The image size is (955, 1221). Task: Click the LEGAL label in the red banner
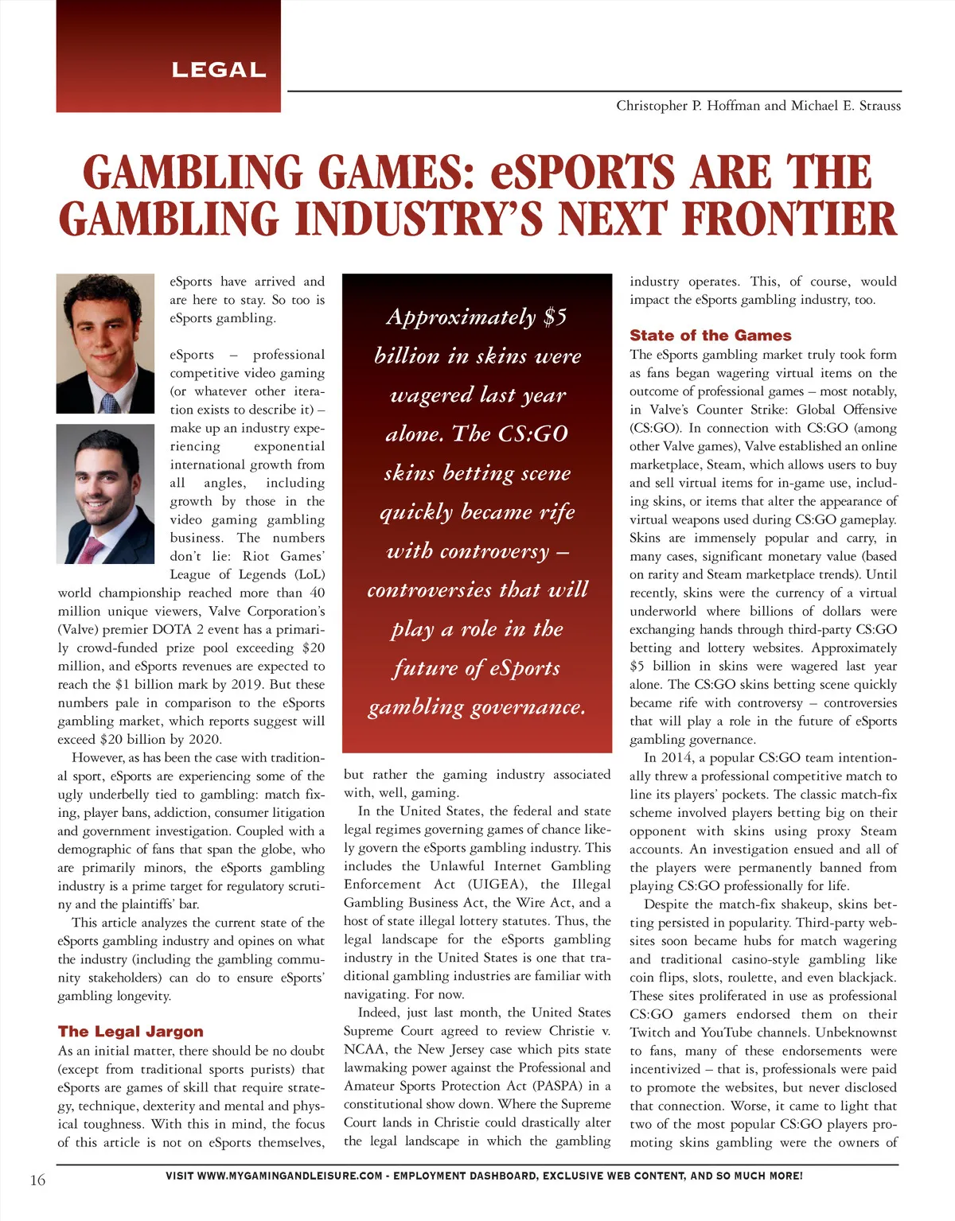pyautogui.click(x=219, y=70)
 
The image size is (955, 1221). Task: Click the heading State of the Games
pyautogui.click(x=710, y=336)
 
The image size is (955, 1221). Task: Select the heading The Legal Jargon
pyautogui.click(x=131, y=1032)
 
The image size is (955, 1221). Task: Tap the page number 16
pyautogui.click(x=37, y=1180)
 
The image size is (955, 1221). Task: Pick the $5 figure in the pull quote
pyautogui.click(x=555, y=317)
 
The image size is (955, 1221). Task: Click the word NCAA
pyautogui.click(x=364, y=1049)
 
